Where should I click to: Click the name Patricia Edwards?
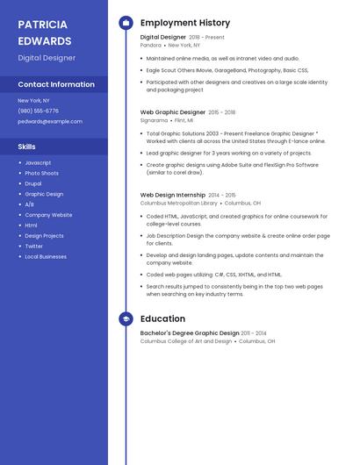pos(45,32)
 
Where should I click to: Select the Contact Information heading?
pos(56,84)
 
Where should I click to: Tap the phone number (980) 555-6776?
pos(38,111)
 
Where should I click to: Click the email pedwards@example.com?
pos(44,121)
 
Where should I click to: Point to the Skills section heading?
pos(27,147)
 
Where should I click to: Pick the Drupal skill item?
pos(34,183)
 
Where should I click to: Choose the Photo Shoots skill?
pos(41,173)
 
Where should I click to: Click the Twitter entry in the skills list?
pos(34,246)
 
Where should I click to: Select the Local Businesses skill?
pos(46,256)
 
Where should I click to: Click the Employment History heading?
pos(185,23)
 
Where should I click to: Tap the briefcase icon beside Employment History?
pos(126,23)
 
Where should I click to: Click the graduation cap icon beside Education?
pos(126,318)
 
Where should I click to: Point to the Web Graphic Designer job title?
pos(173,112)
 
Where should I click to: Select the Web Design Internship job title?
pos(172,195)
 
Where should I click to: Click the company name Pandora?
pos(151,45)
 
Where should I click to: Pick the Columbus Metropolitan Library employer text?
pos(179,203)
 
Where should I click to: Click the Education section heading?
pos(162,318)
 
